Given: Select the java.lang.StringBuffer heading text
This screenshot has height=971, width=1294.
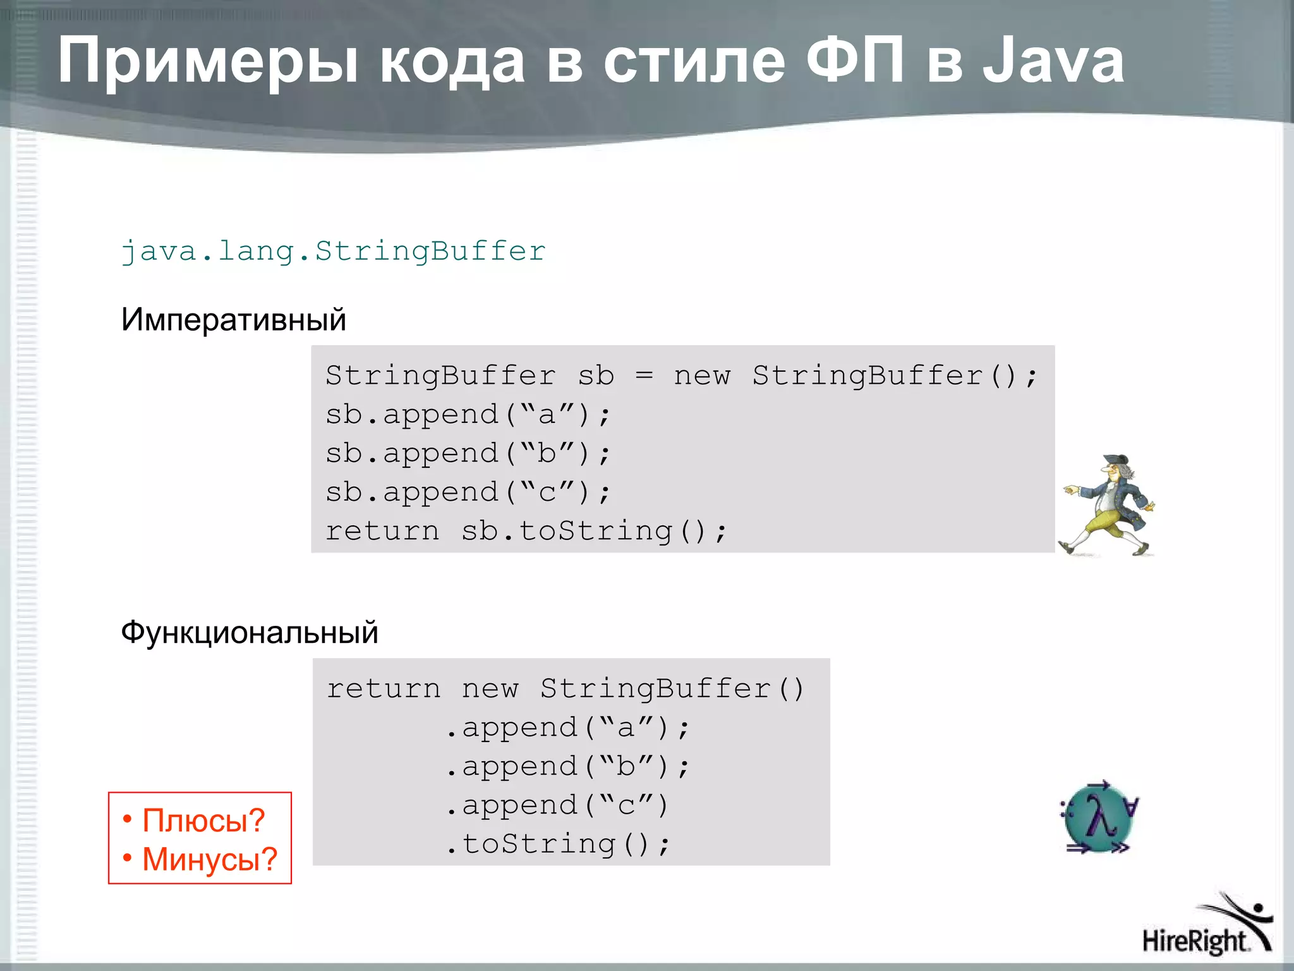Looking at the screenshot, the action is [333, 252].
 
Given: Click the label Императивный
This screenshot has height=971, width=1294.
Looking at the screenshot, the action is [233, 319].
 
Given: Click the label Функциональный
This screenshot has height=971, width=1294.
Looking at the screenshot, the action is [249, 632].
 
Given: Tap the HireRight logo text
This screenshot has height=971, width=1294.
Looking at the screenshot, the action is [1195, 941].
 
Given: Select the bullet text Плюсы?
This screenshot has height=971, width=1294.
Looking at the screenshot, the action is [203, 821].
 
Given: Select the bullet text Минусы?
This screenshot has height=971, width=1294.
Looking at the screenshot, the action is [209, 859].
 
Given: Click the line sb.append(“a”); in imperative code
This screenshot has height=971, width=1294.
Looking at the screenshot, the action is [468, 415].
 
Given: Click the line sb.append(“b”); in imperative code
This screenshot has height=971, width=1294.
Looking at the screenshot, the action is [468, 454].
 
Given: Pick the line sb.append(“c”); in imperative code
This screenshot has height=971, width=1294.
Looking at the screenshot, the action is [468, 492].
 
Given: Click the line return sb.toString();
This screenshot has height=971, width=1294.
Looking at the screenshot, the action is [526, 531].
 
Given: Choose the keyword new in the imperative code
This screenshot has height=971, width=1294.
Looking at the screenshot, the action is [702, 376].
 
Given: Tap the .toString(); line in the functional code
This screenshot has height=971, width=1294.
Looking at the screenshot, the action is [557, 845].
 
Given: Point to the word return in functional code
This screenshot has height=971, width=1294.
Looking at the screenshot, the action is [383, 689].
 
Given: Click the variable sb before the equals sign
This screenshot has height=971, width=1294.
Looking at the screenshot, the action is [596, 376].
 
